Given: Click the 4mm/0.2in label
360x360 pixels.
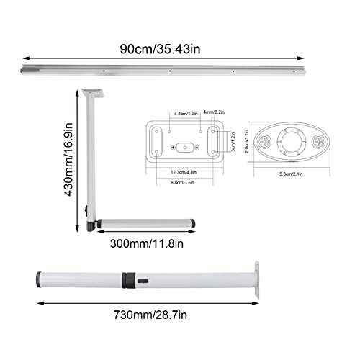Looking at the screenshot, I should [215, 112].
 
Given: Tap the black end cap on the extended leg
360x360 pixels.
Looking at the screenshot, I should [36, 279].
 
